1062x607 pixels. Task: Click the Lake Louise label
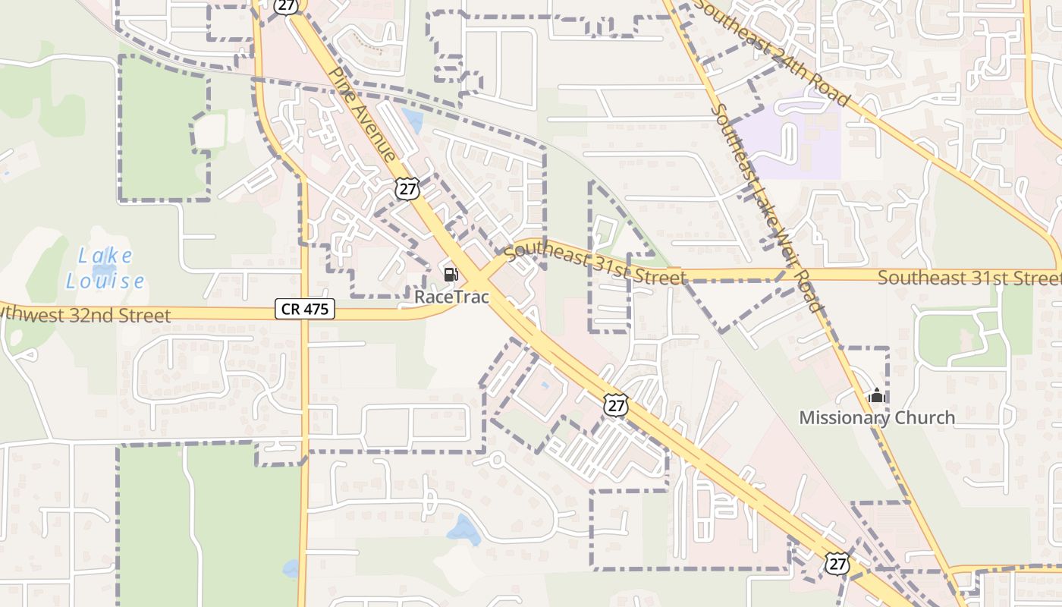[x=105, y=269]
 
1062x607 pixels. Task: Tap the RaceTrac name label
[x=452, y=296]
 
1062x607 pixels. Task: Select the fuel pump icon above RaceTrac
[x=451, y=274]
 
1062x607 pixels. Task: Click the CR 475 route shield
[x=304, y=308]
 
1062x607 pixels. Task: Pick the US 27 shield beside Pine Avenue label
[x=407, y=188]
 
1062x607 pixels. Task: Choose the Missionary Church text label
[x=877, y=417]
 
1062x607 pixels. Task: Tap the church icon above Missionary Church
[x=877, y=395]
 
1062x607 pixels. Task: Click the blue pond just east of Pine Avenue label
[x=413, y=120]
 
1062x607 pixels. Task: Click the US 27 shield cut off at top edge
[x=286, y=5]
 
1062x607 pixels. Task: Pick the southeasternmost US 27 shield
[x=837, y=564]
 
